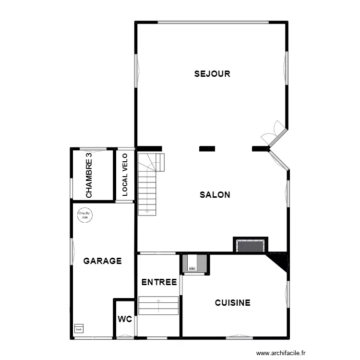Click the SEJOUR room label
pos(212,74)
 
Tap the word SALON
pos(215,195)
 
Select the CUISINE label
pos(232,303)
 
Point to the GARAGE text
pos(102,261)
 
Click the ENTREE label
pos(159,282)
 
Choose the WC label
pos(125,319)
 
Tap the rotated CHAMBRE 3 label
pos(89,175)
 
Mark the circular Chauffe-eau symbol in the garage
pos(85,215)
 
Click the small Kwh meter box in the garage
pos(79,329)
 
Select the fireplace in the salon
pos(250,246)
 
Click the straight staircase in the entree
pos(158,306)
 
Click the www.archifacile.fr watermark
pos(281,352)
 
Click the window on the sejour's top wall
pos(213,22)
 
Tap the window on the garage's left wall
pos(72,252)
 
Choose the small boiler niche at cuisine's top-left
pos(194,264)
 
